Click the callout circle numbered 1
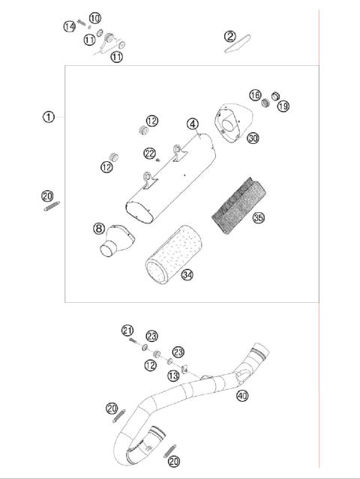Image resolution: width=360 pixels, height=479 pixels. pyautogui.click(x=48, y=116)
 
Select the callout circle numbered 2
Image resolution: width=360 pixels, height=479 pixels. pyautogui.click(x=229, y=36)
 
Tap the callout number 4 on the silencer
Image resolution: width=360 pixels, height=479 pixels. pyautogui.click(x=193, y=124)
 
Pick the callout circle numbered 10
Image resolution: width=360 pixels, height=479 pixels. pyautogui.click(x=94, y=18)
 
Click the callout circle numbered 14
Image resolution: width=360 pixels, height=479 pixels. pyautogui.click(x=69, y=26)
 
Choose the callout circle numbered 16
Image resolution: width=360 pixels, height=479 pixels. pyautogui.click(x=256, y=95)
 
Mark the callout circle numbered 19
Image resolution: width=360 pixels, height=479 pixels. pyautogui.click(x=283, y=106)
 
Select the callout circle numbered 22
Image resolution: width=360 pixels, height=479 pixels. pyautogui.click(x=151, y=153)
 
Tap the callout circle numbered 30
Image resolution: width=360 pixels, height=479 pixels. pyautogui.click(x=253, y=139)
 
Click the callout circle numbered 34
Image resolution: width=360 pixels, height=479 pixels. pyautogui.click(x=187, y=274)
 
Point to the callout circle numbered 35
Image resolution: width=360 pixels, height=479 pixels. pyautogui.click(x=259, y=220)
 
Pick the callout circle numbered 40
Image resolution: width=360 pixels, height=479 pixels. pyautogui.click(x=241, y=395)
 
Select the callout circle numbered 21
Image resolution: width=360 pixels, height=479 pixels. pyautogui.click(x=127, y=331)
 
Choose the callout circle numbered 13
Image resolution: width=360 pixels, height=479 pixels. pyautogui.click(x=173, y=376)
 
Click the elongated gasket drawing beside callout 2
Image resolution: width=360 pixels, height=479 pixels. pyautogui.click(x=238, y=46)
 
